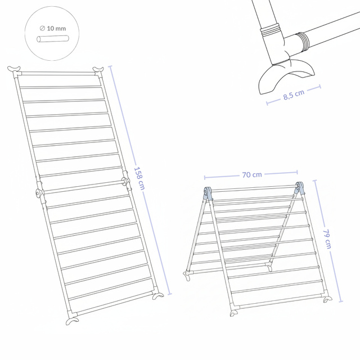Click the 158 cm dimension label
(x=139, y=178)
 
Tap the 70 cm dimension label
(x=252, y=175)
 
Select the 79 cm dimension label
(x=327, y=238)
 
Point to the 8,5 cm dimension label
(x=294, y=94)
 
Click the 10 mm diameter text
(x=56, y=29)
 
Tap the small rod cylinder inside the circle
(x=52, y=39)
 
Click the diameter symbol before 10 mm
(x=42, y=28)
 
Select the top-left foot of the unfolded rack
(x=13, y=69)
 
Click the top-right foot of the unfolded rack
(x=98, y=69)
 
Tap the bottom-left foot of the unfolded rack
(x=72, y=321)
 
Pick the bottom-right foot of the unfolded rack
(x=158, y=296)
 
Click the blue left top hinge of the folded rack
(x=208, y=192)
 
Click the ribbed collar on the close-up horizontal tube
(x=303, y=40)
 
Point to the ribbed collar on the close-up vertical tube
(x=271, y=29)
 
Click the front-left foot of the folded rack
(x=234, y=313)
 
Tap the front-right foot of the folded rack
(x=327, y=299)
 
